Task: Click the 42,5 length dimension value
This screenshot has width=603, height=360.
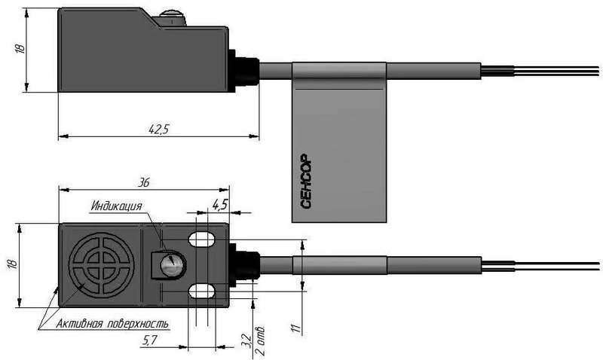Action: click(x=159, y=129)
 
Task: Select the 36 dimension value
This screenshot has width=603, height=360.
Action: click(x=143, y=182)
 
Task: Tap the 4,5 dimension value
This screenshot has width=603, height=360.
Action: click(x=219, y=205)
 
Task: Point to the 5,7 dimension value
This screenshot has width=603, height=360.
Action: click(x=149, y=340)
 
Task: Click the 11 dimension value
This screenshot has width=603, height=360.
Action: click(x=295, y=328)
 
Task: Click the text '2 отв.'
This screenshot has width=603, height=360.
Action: click(x=260, y=341)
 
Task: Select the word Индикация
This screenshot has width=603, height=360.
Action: click(x=117, y=206)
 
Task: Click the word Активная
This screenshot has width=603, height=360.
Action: click(x=79, y=324)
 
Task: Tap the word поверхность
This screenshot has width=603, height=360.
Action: click(x=138, y=324)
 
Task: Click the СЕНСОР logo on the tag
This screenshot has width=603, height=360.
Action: click(x=306, y=182)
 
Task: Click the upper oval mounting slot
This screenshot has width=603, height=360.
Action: click(x=201, y=239)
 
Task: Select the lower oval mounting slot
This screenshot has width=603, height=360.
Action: click(x=201, y=291)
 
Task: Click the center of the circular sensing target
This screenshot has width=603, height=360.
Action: click(x=102, y=265)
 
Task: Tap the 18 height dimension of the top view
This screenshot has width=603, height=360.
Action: click(x=20, y=48)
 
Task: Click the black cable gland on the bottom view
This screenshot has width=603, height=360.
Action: click(x=244, y=265)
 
